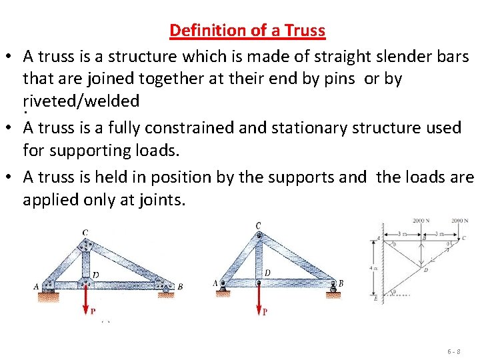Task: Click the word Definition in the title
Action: click(x=203, y=31)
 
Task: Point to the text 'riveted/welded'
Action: click(x=81, y=101)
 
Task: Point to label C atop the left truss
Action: click(x=85, y=233)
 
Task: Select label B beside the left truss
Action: click(x=180, y=287)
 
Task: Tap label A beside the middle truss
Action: click(x=215, y=283)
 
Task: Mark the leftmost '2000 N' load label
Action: click(x=421, y=221)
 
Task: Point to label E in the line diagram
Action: click(x=376, y=300)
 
